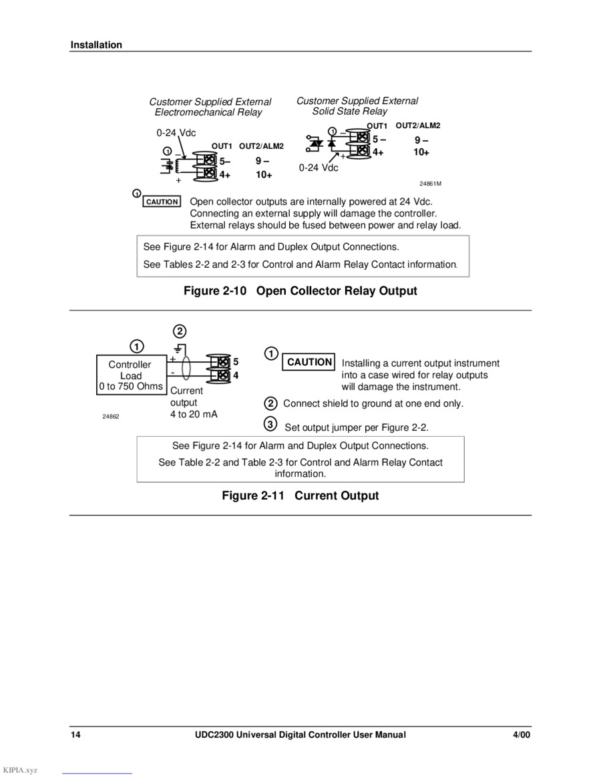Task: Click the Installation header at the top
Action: coord(96,45)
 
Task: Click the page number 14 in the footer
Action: coord(75,735)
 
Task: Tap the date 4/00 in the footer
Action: coord(521,735)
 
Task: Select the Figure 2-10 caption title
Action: coord(300,290)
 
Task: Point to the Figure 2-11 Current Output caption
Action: coord(300,496)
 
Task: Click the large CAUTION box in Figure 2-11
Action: coord(309,362)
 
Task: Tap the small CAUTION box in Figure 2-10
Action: coord(162,202)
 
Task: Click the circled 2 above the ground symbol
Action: coord(180,331)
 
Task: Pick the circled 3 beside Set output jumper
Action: coord(270,424)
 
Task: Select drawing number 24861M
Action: coord(430,184)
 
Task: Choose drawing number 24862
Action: coord(111,416)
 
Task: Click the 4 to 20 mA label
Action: coord(194,414)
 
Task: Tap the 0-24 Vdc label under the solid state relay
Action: coord(318,168)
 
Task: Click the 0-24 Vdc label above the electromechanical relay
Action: coord(176,133)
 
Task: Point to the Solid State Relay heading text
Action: coord(349,112)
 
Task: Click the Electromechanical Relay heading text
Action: coord(208,112)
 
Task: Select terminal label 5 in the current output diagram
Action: coord(236,362)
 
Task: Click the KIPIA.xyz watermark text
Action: coord(20,770)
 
